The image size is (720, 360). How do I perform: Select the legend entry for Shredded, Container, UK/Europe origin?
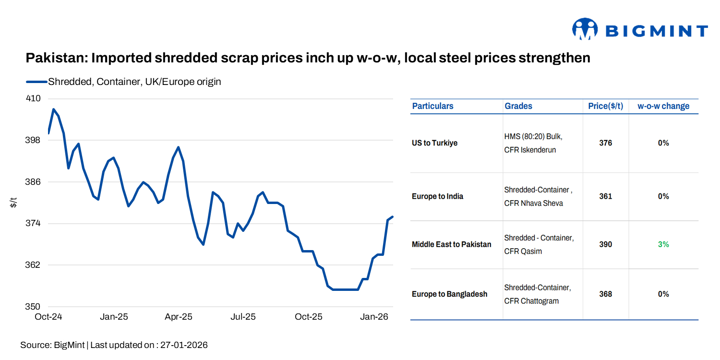click(134, 82)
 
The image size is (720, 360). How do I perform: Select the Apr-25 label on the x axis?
click(179, 317)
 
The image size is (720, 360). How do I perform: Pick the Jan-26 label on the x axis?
click(374, 317)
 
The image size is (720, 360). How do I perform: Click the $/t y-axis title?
click(14, 203)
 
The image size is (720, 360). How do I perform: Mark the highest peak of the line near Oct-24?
click(53, 109)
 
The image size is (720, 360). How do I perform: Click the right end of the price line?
click(392, 217)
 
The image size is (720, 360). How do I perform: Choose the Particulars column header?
click(432, 106)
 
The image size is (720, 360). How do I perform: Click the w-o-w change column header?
click(663, 106)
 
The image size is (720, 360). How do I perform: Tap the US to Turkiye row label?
click(434, 143)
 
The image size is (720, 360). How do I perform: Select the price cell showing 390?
click(605, 244)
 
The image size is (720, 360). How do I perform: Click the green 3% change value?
click(663, 244)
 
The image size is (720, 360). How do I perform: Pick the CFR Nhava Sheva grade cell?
click(533, 203)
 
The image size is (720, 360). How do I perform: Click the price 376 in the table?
click(605, 143)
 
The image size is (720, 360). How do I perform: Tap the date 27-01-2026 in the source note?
click(184, 345)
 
